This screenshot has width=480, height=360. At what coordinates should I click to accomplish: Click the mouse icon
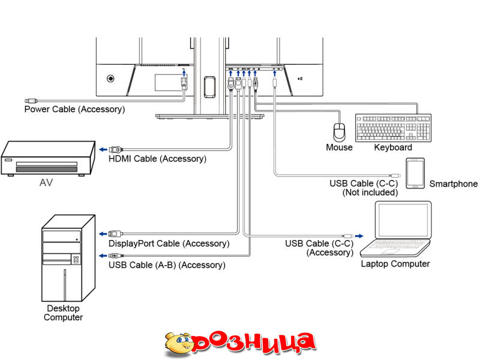(340, 131)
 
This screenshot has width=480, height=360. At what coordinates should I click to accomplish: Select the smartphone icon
(415, 173)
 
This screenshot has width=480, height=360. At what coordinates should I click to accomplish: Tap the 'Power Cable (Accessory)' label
(74, 109)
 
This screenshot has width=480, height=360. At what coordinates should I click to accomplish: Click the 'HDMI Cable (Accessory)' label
(157, 159)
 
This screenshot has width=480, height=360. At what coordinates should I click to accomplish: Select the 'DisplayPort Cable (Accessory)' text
(169, 244)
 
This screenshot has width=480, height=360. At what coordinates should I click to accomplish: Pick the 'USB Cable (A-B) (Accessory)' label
(167, 265)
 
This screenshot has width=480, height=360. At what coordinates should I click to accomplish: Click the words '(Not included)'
(370, 193)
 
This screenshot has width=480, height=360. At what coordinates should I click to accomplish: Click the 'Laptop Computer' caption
(395, 263)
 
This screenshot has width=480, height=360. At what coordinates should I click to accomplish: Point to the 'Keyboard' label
(393, 147)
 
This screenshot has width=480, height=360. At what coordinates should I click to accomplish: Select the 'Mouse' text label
(339, 147)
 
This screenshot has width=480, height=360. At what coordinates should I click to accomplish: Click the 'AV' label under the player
(46, 183)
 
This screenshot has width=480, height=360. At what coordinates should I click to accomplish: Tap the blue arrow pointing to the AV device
(103, 149)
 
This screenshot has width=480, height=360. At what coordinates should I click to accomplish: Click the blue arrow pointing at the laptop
(359, 236)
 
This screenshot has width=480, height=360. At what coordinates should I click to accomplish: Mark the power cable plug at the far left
(30, 101)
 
